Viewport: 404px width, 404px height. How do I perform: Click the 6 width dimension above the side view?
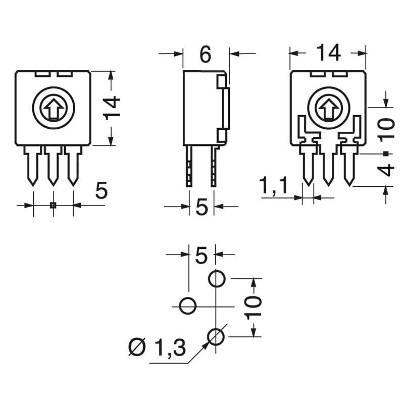coord(205,54)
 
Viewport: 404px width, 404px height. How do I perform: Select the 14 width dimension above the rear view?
coord(328,53)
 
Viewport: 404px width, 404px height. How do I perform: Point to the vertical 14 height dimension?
coord(114,107)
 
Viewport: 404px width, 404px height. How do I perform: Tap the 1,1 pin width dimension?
coord(274,186)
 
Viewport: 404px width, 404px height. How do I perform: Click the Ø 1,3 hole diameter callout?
coord(157,347)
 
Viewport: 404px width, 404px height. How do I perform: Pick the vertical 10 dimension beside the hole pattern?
coord(254,307)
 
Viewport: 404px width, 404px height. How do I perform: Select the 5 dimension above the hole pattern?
coord(201,256)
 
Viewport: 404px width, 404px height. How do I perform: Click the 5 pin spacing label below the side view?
coord(201,207)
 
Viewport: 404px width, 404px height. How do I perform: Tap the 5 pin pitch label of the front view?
coord(102,191)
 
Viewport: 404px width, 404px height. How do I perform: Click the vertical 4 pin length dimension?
coord(386,170)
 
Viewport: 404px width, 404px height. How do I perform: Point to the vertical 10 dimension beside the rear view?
coord(386,129)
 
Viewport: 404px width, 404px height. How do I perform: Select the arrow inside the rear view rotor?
coord(328,108)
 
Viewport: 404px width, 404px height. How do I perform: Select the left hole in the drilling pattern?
coord(188,306)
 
